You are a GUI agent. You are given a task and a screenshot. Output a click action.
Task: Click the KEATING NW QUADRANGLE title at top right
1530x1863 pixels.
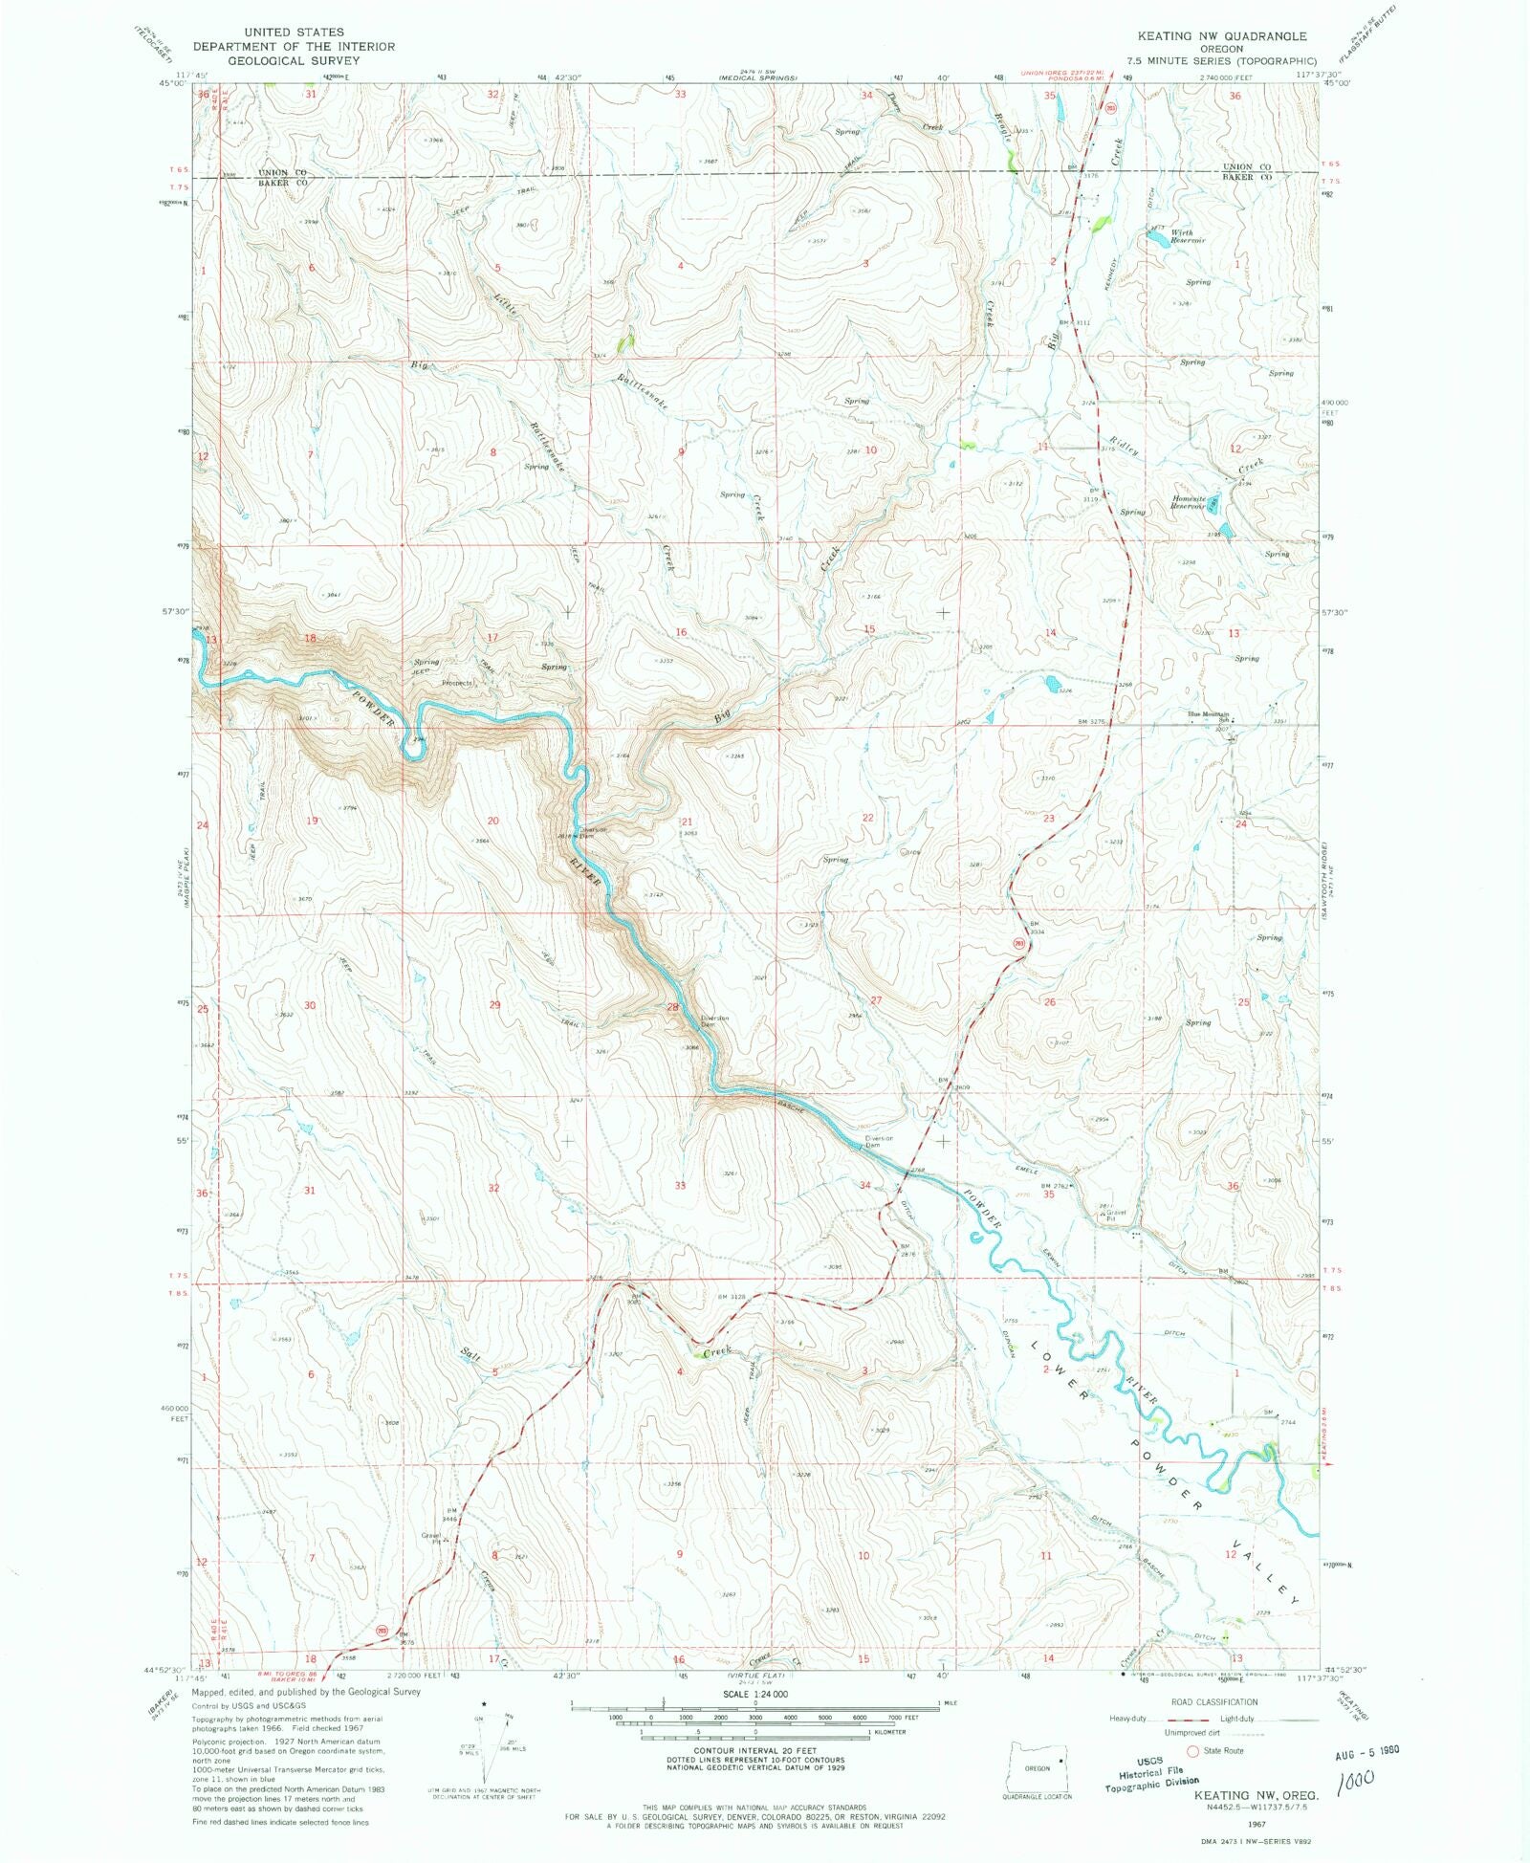[1222, 36]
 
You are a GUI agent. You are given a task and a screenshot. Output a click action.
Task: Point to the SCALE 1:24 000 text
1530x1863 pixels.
[754, 1693]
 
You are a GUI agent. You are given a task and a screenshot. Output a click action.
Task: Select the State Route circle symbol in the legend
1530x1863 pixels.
[1191, 1750]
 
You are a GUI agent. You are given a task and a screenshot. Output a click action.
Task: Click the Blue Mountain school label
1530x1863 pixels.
[1208, 714]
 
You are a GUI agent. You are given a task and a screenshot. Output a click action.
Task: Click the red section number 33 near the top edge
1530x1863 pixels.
[680, 95]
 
